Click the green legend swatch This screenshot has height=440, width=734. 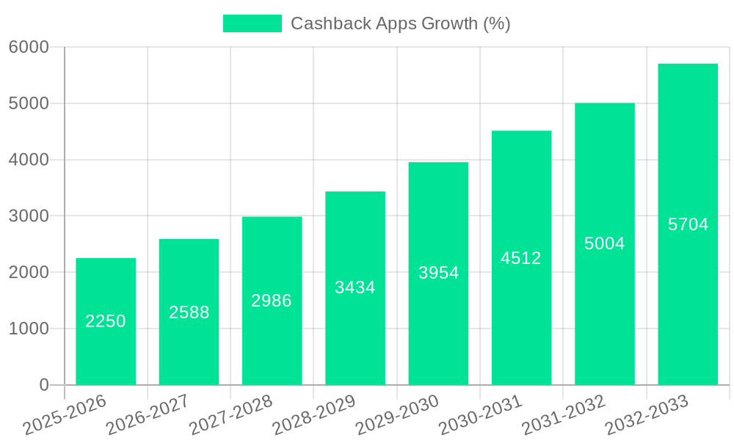[252, 23]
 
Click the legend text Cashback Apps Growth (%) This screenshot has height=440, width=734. [400, 23]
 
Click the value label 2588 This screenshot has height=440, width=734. [189, 312]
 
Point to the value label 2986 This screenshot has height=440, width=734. [272, 301]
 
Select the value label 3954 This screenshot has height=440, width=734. [439, 273]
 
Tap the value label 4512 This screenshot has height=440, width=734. [521, 258]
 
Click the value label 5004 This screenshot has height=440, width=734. [605, 243]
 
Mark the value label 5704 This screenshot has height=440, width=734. [688, 224]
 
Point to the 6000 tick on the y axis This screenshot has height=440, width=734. [29, 48]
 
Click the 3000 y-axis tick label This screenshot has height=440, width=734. [29, 216]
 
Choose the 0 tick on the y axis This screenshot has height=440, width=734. [44, 385]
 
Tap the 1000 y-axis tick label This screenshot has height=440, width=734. [29, 329]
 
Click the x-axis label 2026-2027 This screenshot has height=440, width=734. [148, 415]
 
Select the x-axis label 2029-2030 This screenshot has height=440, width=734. [397, 415]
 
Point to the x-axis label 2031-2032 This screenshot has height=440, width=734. [564, 415]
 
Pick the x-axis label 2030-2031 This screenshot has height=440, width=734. [480, 415]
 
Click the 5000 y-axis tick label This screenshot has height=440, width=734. [29, 103]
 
